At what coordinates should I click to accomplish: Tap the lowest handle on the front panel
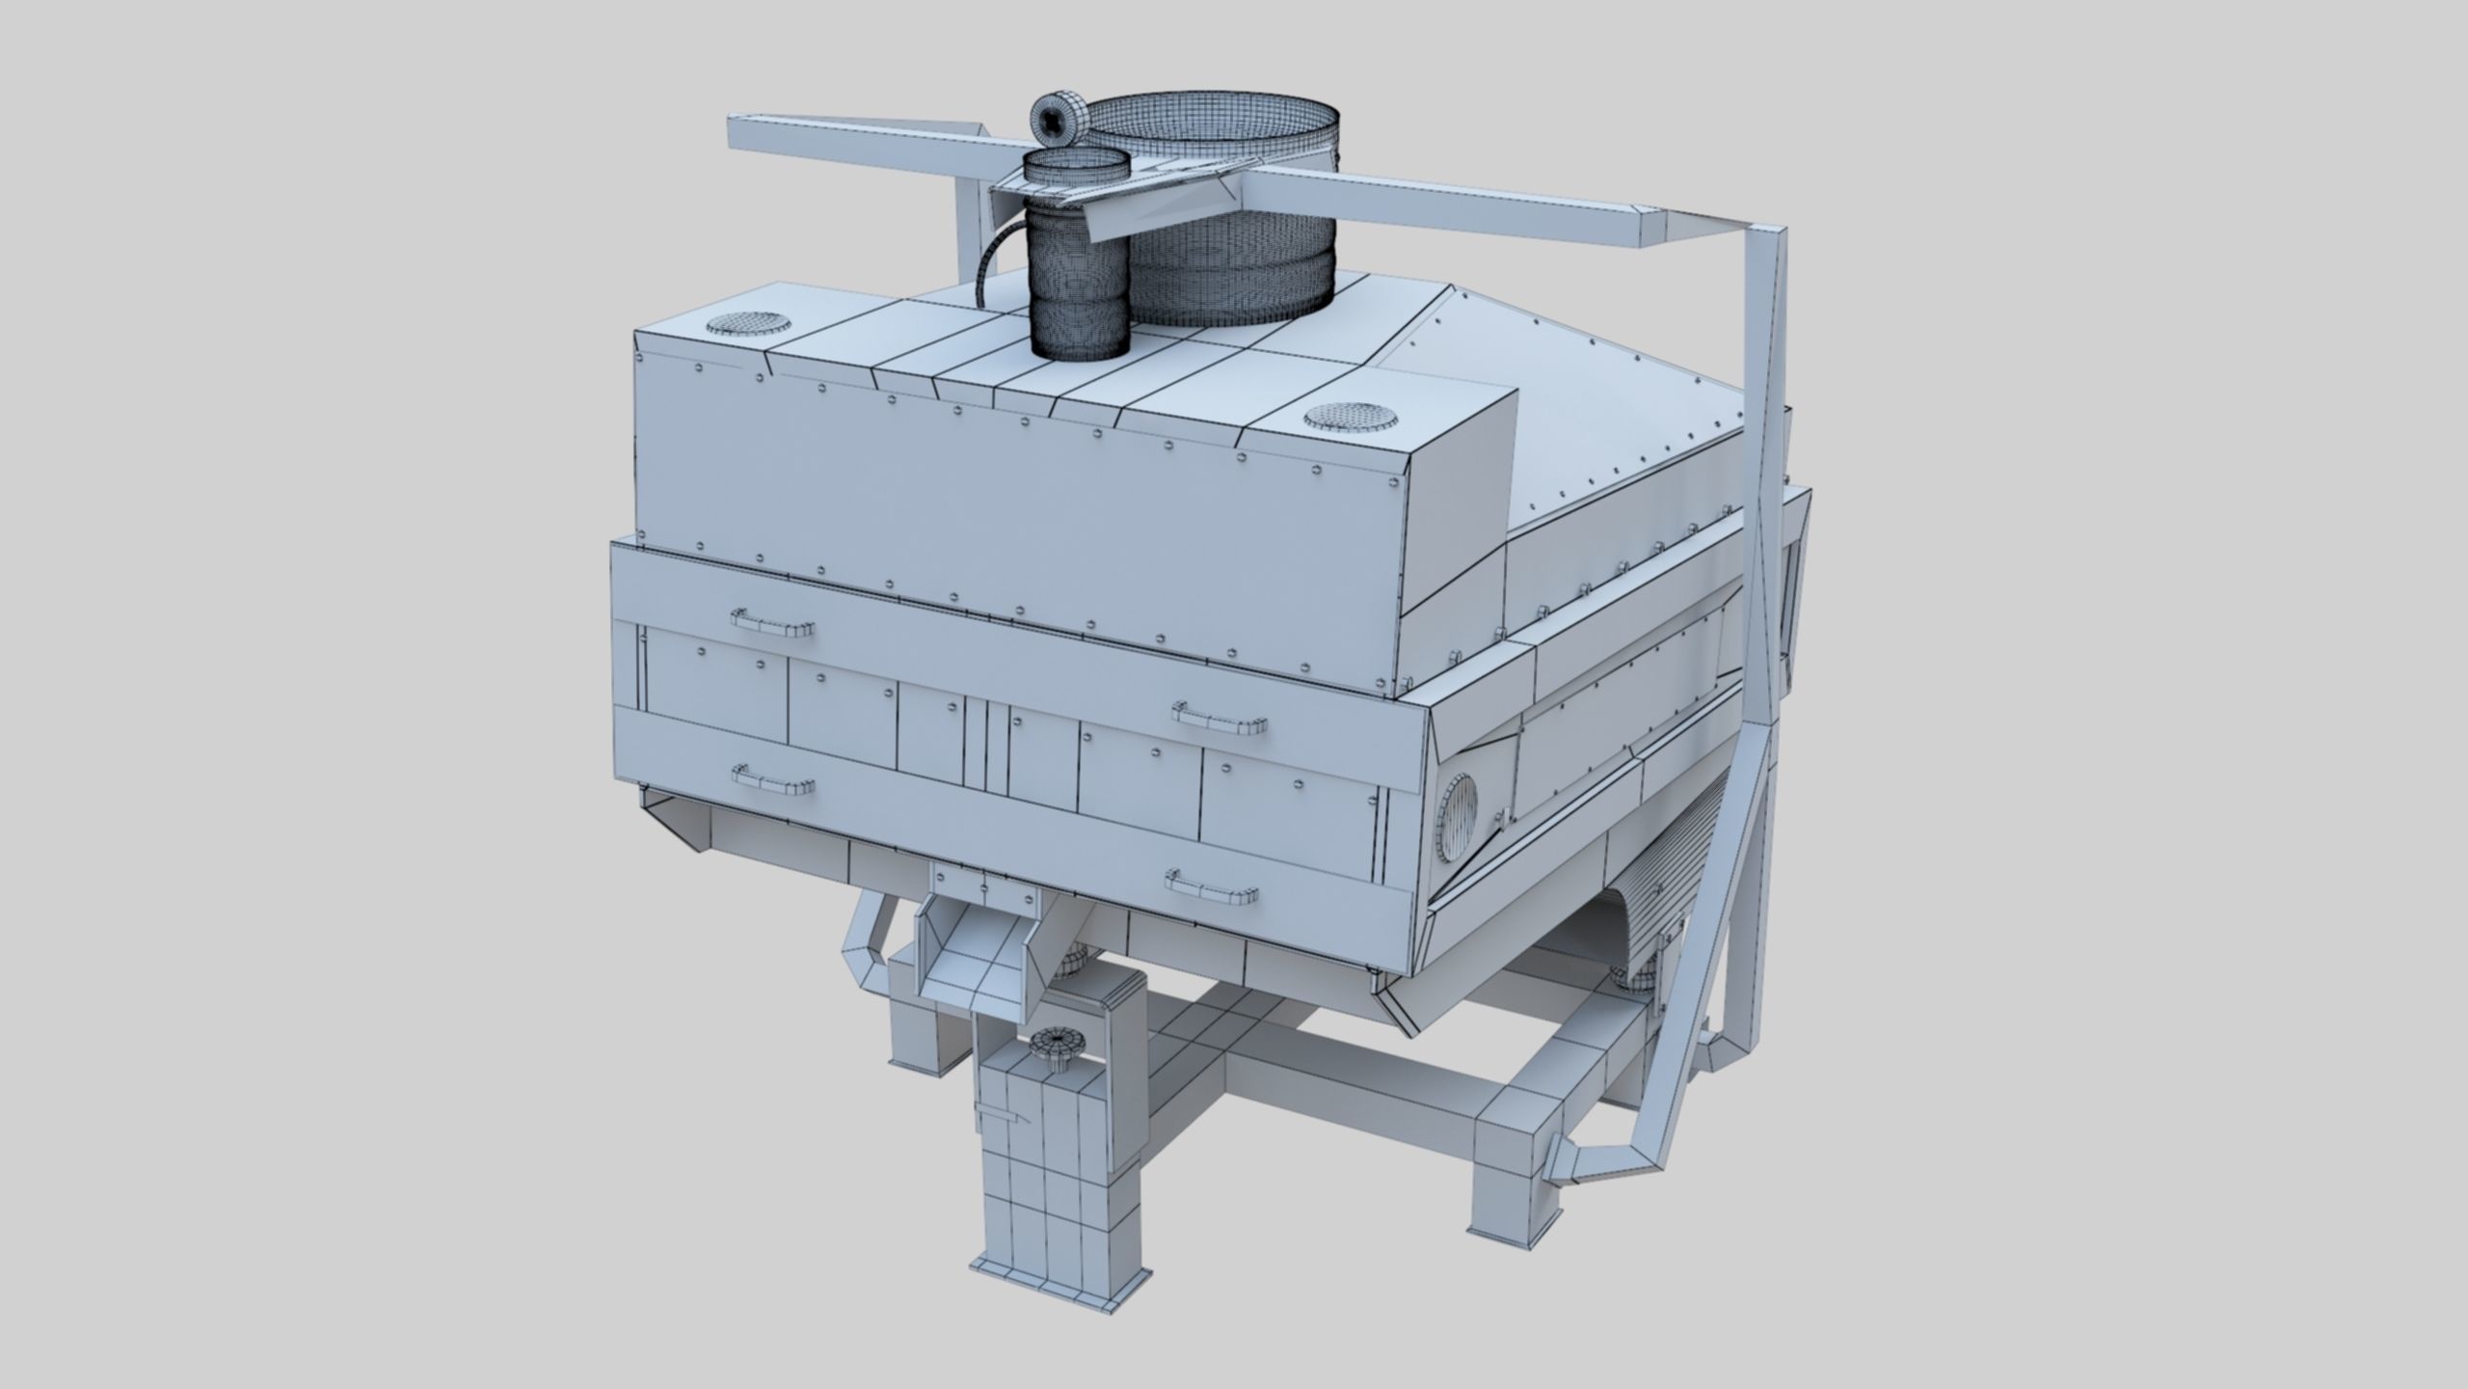[1213, 887]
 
